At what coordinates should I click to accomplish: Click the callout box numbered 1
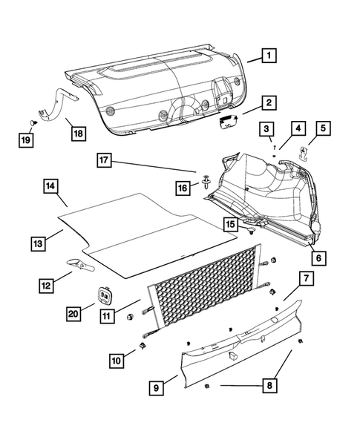tap(271, 55)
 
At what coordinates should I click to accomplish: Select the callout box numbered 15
tap(232, 223)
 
